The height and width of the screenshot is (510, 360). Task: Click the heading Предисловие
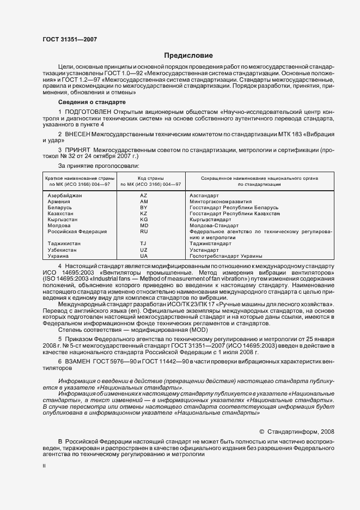coord(189,56)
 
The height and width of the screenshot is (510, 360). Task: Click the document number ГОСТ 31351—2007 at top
coord(69,39)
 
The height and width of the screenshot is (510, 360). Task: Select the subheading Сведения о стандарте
coord(92,102)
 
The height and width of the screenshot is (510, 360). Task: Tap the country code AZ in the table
coord(144,196)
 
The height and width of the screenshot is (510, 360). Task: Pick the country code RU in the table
coord(144,232)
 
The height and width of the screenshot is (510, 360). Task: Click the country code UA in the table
coord(144,256)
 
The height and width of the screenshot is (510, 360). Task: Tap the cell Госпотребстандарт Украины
coord(225,256)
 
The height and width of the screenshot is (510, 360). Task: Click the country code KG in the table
coord(144,220)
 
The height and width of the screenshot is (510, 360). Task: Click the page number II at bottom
coord(45,466)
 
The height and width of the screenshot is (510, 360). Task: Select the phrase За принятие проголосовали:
coord(99,165)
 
